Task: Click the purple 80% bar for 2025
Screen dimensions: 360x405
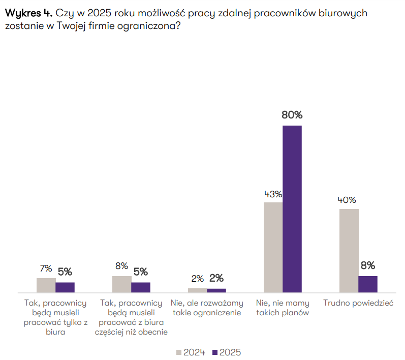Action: tap(292, 208)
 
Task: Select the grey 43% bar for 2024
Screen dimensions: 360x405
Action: tap(273, 247)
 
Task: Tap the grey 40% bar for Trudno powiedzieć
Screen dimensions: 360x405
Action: tap(349, 250)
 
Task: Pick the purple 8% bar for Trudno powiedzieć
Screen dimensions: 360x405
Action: tap(368, 284)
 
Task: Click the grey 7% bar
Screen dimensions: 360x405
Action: tap(46, 285)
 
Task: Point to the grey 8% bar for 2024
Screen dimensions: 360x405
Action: tap(122, 284)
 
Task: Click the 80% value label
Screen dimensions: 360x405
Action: tap(292, 115)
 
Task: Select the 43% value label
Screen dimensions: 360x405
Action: tap(273, 194)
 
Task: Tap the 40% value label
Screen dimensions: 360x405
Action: tap(348, 200)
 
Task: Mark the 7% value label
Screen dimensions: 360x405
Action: tap(46, 268)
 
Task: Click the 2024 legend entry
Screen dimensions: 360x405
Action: tap(191, 352)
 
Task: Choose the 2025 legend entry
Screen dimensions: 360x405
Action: tap(227, 352)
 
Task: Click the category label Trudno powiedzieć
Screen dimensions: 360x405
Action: tap(359, 303)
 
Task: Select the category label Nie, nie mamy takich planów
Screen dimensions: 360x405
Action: tap(283, 308)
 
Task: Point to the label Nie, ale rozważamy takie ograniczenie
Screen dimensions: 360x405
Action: tap(207, 308)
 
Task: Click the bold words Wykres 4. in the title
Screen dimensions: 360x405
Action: tap(27, 13)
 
